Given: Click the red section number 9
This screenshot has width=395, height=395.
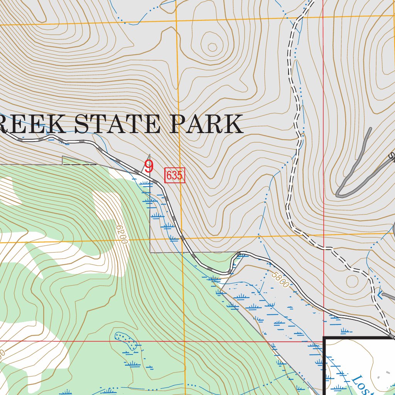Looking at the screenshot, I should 149,167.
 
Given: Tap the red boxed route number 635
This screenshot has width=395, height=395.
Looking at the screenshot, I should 174,176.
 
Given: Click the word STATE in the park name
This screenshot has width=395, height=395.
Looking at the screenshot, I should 119,124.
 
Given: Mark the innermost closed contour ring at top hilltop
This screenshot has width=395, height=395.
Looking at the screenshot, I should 213,47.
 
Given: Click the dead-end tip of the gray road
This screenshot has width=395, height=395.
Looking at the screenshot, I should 370,129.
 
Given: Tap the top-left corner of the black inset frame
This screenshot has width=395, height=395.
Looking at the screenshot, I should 324,338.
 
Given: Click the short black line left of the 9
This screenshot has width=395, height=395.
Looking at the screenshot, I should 79,164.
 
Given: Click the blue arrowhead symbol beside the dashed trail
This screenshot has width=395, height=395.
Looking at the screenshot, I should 380,295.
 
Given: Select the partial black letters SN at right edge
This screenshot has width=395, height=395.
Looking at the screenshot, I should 392,157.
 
